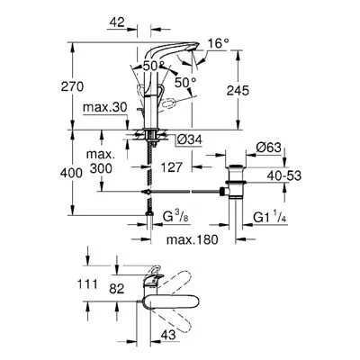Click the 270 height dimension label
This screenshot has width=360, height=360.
click(72, 87)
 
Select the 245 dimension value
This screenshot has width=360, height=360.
click(238, 90)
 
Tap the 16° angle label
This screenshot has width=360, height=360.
click(218, 44)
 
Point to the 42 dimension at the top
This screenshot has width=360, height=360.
click(117, 22)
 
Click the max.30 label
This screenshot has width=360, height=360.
click(105, 107)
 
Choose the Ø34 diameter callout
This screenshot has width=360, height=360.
click(189, 139)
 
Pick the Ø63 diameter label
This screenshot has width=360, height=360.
click(268, 148)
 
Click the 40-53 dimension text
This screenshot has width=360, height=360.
click(284, 175)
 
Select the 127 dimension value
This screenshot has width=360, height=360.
click(172, 167)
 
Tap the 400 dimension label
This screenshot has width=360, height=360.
click(71, 173)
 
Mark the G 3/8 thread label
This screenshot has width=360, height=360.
click(176, 217)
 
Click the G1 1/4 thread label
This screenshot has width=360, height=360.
click(270, 217)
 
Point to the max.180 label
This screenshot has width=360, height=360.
click(193, 239)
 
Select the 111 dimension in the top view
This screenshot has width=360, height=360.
click(87, 283)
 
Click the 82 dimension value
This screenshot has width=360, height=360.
click(117, 289)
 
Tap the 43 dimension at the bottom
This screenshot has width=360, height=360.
click(168, 335)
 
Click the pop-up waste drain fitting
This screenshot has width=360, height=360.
click(236, 182)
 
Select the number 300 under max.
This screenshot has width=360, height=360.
click(101, 168)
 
